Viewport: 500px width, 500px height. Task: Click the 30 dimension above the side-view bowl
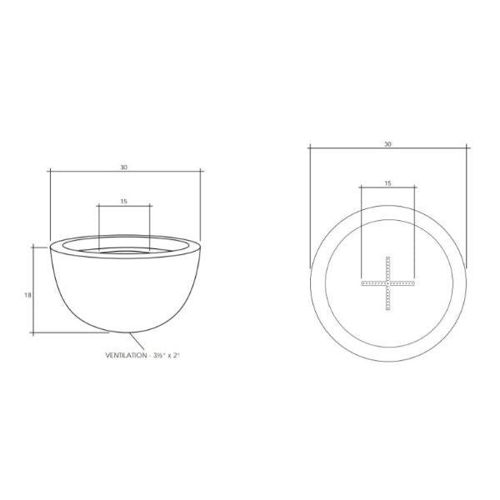[x=123, y=167]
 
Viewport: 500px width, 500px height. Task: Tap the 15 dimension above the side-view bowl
[x=123, y=201]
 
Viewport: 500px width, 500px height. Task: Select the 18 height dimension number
[x=27, y=295]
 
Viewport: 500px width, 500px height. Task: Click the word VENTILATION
[x=126, y=355]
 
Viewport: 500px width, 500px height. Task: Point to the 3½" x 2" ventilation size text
[x=167, y=355]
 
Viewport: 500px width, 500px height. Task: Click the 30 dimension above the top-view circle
[x=387, y=144]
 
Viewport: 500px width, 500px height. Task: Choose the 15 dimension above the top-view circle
[x=387, y=183]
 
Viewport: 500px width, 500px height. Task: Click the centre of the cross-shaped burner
[x=387, y=283]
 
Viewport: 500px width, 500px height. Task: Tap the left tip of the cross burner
[x=362, y=283]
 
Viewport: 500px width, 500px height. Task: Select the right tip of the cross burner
[x=414, y=283]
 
